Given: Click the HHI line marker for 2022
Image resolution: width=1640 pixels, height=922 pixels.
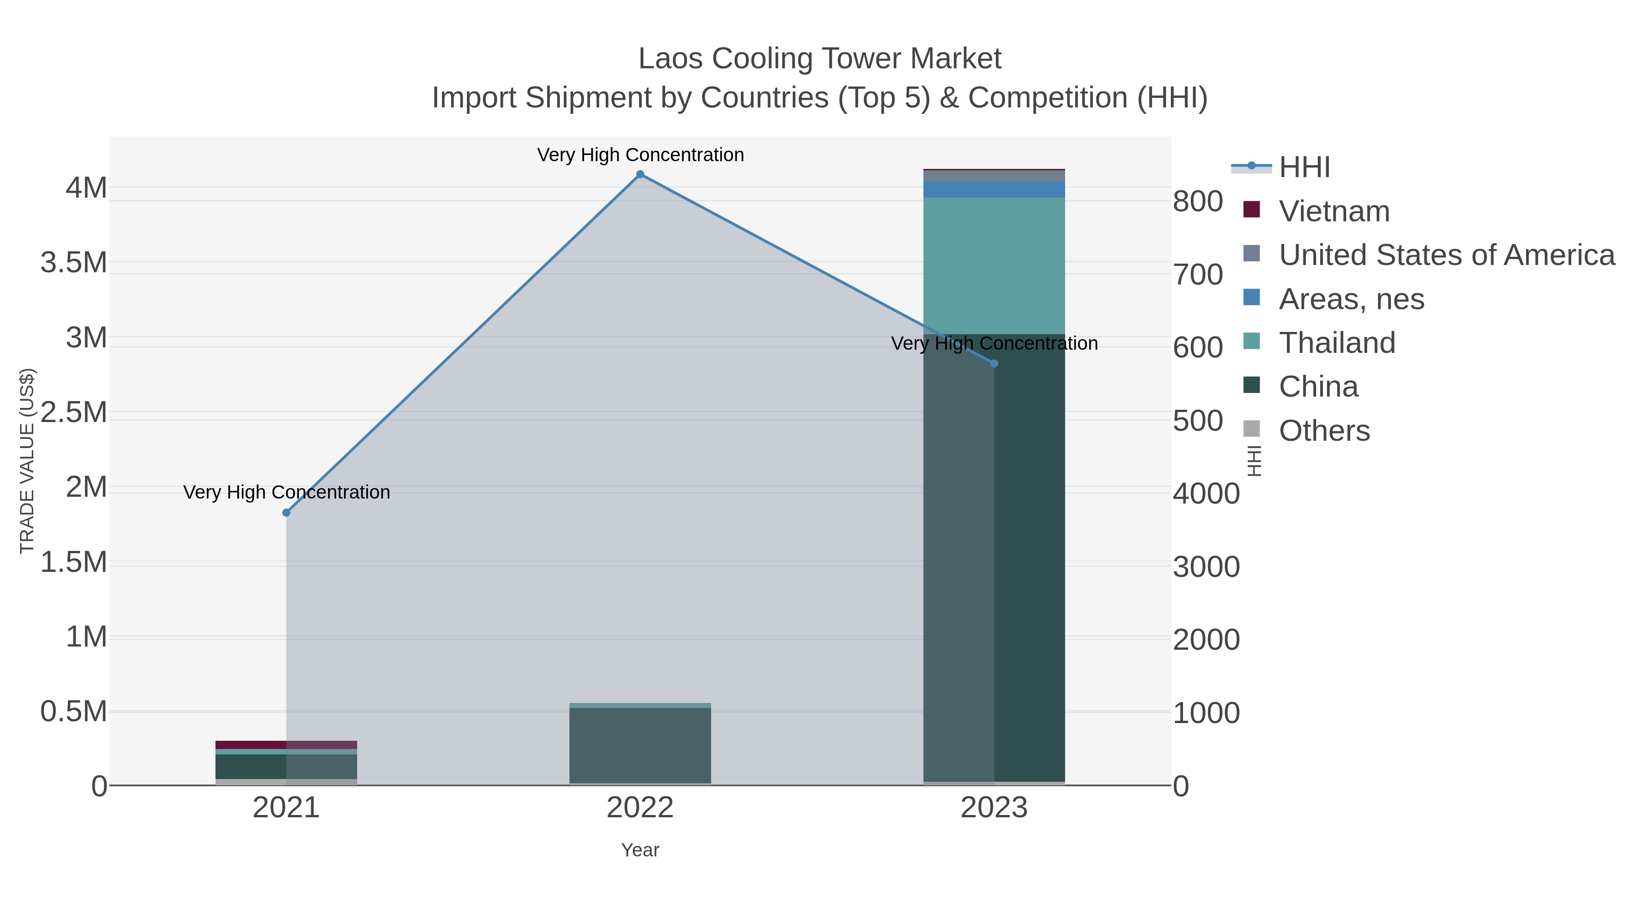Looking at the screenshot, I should pos(640,174).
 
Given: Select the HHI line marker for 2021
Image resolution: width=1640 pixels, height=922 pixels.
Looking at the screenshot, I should pos(287,512).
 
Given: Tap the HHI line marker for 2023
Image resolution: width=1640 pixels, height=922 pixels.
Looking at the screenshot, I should pos(994,363).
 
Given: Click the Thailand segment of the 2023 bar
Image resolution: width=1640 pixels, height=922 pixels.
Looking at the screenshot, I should pos(994,265).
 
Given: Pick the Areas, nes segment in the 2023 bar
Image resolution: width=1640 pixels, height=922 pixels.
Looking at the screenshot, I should pos(994,189).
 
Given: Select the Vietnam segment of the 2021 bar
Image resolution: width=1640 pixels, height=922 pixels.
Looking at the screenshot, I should pos(287,744).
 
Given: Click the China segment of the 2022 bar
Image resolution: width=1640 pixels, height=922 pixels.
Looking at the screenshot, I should pos(640,745).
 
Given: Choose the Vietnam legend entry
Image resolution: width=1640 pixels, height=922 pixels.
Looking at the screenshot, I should pos(1334,211).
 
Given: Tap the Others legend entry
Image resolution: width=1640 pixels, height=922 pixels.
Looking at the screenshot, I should pos(1324,431).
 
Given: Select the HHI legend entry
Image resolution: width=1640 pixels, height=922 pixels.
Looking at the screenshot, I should pos(1304,168).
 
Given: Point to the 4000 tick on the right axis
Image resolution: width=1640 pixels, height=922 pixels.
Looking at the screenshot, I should pos(1206,494).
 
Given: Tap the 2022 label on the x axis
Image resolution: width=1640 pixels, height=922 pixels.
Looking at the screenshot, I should pos(640,809).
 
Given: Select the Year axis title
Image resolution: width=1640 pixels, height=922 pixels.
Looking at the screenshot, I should pos(640,850).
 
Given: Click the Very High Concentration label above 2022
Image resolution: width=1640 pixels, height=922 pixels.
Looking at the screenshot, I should pos(640,155).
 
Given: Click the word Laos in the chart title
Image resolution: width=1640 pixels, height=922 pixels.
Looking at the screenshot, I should pos(671,59).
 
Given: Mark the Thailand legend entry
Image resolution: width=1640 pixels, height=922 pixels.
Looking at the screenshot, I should pos(1337,343).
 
